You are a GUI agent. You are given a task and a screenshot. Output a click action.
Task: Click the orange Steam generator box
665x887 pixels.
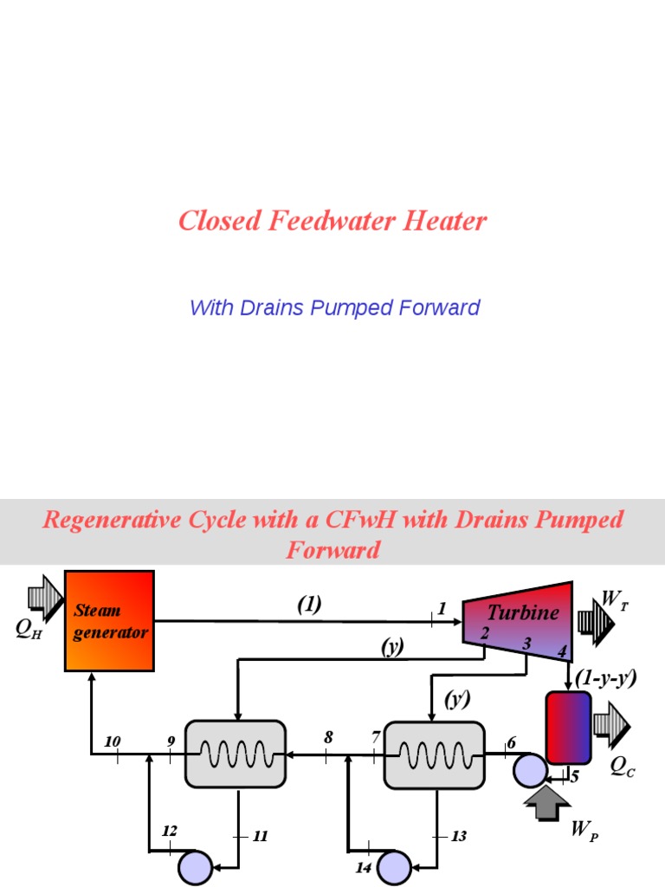[x=109, y=620]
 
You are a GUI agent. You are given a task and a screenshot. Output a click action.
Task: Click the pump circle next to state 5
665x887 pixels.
[x=528, y=768]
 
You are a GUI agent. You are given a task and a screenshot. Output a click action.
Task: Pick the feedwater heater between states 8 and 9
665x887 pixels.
[x=236, y=754]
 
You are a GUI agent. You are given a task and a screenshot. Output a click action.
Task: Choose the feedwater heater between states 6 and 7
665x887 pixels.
[x=433, y=754]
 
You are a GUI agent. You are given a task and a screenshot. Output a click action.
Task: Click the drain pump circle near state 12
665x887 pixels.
[x=195, y=865]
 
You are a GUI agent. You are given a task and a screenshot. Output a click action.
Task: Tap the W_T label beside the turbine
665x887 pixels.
[x=614, y=599]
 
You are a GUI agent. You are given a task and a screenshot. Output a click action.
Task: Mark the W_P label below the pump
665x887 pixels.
[x=584, y=832]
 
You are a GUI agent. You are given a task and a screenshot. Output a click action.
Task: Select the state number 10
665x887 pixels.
[x=112, y=741]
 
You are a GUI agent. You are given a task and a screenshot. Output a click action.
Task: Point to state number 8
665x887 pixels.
[x=328, y=737]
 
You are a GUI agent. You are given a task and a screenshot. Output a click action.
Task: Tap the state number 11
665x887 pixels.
[x=261, y=837]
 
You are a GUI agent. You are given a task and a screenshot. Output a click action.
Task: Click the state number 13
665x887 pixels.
[x=458, y=837]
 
